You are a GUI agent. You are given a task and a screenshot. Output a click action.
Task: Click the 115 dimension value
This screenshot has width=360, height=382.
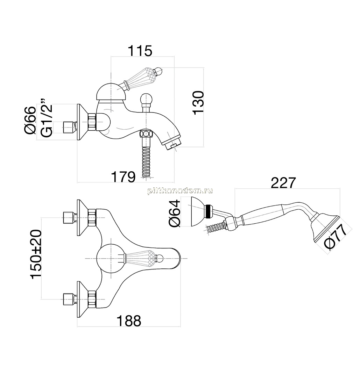pos(140,51)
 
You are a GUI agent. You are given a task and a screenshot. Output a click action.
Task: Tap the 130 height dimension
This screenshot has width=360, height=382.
pos(198,102)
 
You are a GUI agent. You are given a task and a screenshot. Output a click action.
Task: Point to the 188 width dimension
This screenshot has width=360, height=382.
pos(129,321)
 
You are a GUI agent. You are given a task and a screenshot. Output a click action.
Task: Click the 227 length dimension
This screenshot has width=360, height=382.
pos(283,183)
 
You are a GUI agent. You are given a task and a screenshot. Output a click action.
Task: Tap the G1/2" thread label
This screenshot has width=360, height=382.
pos(47,118)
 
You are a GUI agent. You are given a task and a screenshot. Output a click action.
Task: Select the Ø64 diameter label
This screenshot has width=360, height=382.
pos(174,214)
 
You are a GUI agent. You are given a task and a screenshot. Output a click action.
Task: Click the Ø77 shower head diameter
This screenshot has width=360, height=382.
pos(336,237)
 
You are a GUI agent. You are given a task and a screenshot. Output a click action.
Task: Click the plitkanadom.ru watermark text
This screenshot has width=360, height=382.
pos(180,191)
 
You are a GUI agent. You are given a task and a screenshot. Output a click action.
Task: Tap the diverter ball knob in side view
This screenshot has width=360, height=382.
pos(146,99)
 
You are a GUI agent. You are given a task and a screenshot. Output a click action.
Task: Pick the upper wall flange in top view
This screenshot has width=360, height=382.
pos(83,217)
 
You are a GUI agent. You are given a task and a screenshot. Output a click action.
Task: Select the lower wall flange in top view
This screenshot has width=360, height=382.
pos(83,300)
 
